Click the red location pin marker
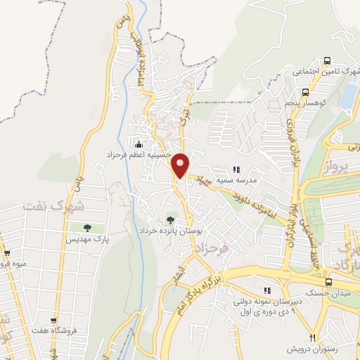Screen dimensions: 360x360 pos(181,165)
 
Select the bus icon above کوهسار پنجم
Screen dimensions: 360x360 pos(305,91)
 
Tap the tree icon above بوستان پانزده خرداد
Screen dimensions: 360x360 pos(170,220)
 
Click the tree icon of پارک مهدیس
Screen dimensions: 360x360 pos(87,228)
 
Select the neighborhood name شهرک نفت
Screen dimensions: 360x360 pos(53,206)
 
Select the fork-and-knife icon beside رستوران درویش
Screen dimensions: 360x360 pos(314,337)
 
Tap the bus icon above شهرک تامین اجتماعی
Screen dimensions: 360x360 pos(326,61)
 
